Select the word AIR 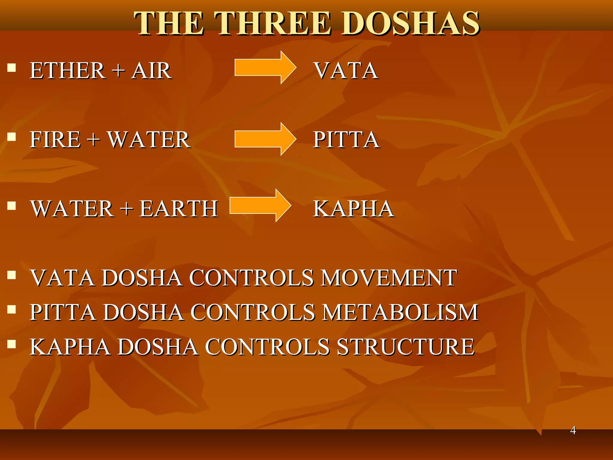click(151, 71)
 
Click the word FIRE click(55, 140)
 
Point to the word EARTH click(179, 209)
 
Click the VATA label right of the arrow click(346, 71)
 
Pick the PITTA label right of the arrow click(346, 140)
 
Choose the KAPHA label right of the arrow click(353, 209)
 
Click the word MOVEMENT click(389, 278)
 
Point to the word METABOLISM click(401, 312)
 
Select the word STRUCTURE click(406, 347)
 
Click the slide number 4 click(573, 430)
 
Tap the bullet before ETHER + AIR click(12, 68)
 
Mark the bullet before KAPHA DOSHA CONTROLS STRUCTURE click(12, 344)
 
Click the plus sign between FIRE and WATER click(94, 140)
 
